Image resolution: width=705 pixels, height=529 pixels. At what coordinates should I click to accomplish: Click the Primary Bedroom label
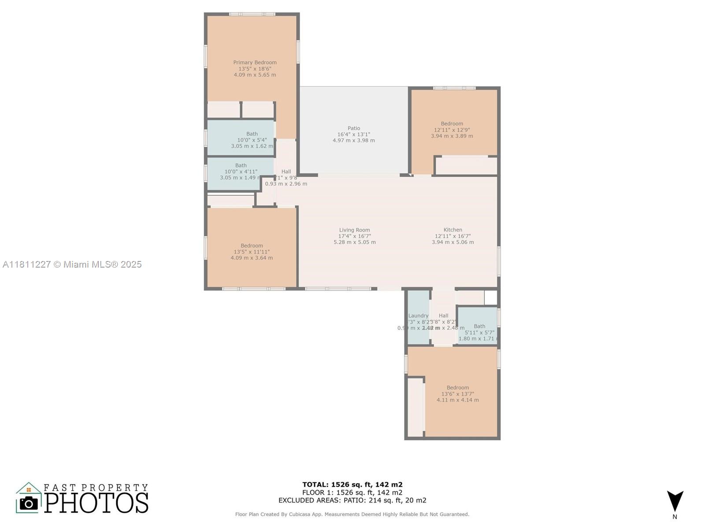click(x=255, y=63)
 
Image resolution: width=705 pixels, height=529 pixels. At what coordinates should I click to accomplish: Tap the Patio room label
click(x=353, y=128)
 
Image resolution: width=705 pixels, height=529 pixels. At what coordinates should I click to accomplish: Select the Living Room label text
click(x=354, y=230)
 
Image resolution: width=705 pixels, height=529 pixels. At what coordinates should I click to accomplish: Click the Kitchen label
click(x=453, y=230)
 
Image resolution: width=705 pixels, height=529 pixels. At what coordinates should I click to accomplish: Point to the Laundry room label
click(x=418, y=316)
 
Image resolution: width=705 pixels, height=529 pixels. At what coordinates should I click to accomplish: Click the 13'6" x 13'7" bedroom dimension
click(x=457, y=394)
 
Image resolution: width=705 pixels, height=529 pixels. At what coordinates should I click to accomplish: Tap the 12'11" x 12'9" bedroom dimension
click(x=452, y=130)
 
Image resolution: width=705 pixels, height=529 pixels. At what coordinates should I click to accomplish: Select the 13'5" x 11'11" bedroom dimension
click(x=252, y=252)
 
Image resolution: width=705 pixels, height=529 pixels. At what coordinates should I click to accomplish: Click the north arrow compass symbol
click(x=675, y=501)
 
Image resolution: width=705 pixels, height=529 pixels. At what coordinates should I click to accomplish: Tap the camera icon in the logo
click(x=29, y=503)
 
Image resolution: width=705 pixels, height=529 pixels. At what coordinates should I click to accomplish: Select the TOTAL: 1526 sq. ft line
click(x=352, y=484)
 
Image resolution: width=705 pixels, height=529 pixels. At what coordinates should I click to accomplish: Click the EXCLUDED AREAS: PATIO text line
click(x=352, y=500)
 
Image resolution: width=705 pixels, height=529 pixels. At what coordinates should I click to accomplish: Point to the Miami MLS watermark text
click(x=72, y=264)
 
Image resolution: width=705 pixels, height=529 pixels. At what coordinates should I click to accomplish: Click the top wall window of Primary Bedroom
click(x=252, y=14)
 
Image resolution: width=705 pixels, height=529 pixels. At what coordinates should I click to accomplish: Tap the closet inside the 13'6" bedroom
click(x=415, y=407)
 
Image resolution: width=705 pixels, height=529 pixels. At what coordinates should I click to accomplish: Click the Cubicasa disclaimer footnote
click(x=352, y=514)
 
